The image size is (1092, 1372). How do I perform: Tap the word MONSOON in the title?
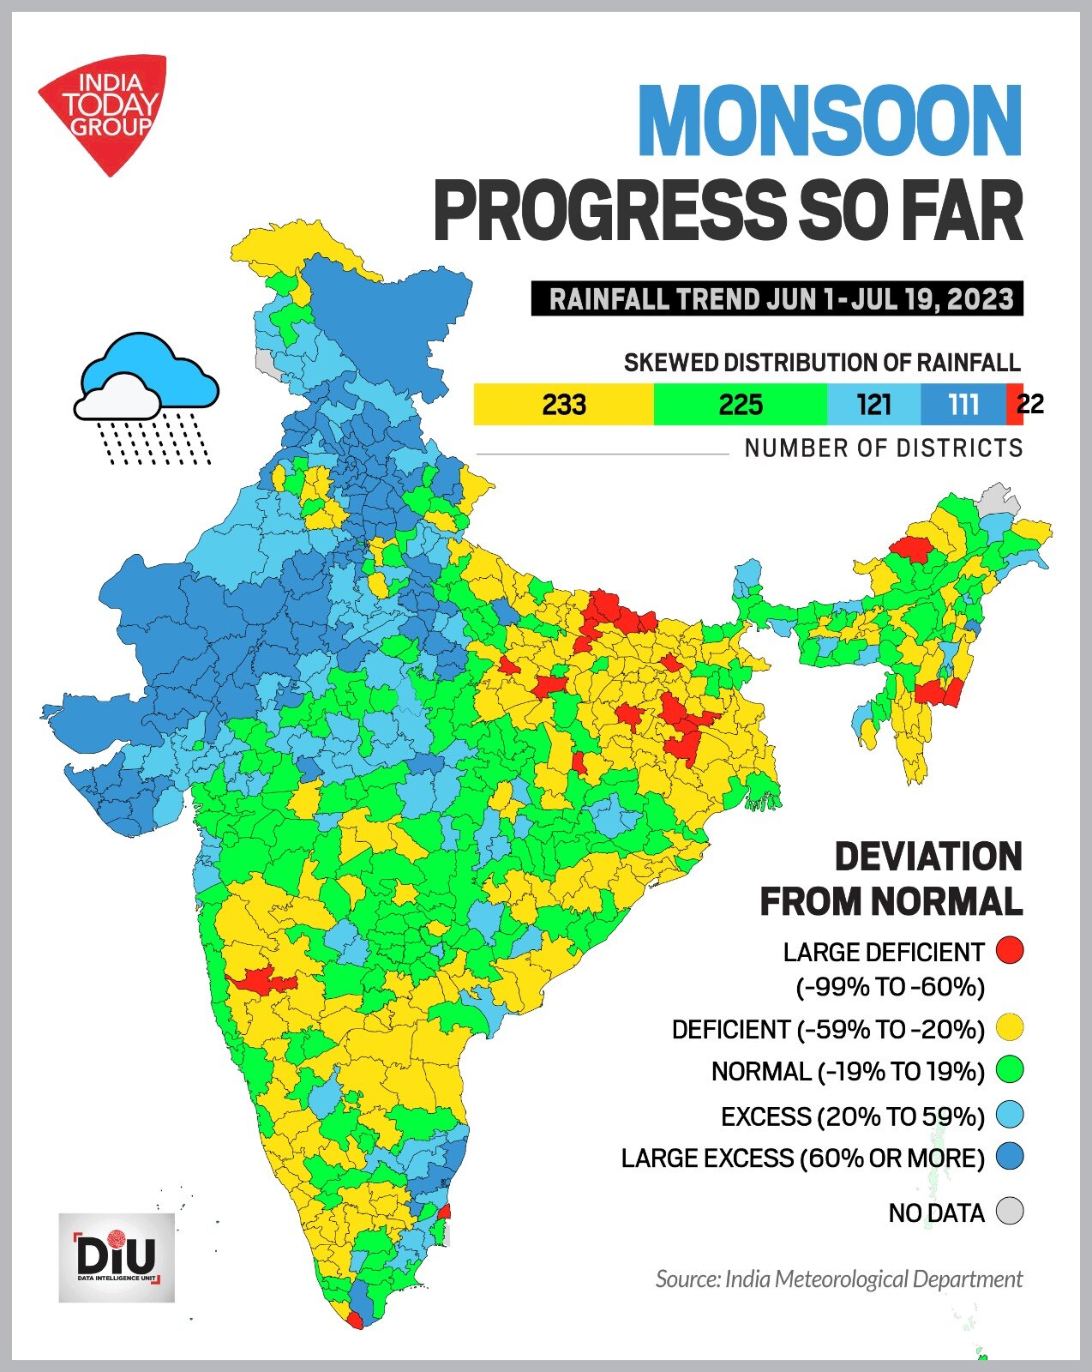(x=829, y=122)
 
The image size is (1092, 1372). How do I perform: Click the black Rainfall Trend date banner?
(x=777, y=299)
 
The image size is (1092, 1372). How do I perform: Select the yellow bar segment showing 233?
(x=563, y=404)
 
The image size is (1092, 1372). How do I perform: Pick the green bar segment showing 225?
(x=740, y=404)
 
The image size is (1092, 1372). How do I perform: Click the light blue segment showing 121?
(x=873, y=404)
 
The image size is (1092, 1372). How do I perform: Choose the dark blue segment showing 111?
(x=963, y=404)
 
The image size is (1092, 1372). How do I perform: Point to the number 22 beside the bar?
(x=1030, y=404)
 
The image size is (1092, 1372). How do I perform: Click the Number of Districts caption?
(x=883, y=448)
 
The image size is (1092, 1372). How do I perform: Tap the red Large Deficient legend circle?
(x=1011, y=950)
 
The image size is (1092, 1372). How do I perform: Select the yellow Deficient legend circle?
(x=1011, y=1027)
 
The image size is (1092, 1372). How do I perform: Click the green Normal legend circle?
(x=1011, y=1070)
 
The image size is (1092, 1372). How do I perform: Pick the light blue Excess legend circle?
(x=1011, y=1116)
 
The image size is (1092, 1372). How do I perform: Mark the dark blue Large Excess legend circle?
(x=1011, y=1158)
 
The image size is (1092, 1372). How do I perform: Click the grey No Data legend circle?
(x=1011, y=1212)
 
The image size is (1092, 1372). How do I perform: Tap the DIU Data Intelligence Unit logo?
(x=117, y=1258)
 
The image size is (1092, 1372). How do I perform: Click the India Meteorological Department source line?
(x=838, y=1279)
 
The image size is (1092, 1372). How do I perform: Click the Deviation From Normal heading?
(x=891, y=879)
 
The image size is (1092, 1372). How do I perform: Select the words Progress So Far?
(x=729, y=212)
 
